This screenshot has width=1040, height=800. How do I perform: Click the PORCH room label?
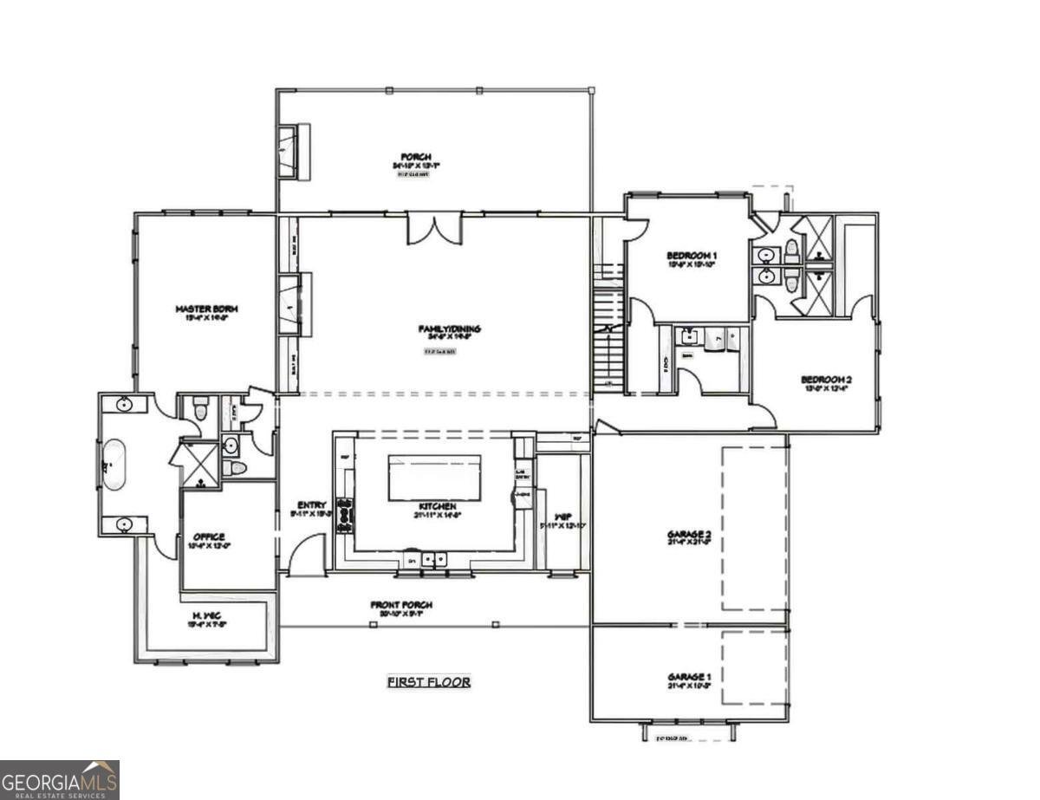(x=411, y=157)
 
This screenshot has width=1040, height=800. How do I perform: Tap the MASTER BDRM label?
(x=206, y=309)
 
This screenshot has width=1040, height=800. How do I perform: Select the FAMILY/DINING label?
(x=449, y=328)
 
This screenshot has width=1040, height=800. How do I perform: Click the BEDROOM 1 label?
(x=692, y=255)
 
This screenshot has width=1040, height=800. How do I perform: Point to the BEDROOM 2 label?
(x=826, y=379)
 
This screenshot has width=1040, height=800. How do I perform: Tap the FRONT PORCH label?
(x=401, y=604)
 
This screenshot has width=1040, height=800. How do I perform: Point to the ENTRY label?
(x=311, y=504)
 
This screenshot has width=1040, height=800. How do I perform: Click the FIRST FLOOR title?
(x=428, y=682)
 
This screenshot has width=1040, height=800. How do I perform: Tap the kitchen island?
(x=434, y=477)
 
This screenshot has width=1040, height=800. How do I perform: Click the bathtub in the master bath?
(x=114, y=465)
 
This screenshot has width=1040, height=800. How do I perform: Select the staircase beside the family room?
(x=608, y=329)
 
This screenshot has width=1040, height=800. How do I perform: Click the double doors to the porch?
(x=435, y=227)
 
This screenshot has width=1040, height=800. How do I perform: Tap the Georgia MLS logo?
(x=59, y=779)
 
